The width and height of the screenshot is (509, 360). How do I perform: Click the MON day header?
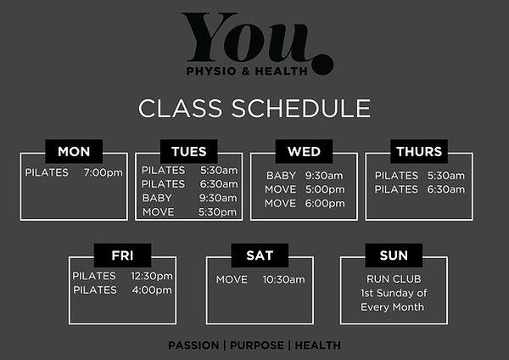[74, 152]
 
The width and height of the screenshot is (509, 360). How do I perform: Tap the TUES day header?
[188, 152]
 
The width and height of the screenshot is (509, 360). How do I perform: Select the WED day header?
[304, 152]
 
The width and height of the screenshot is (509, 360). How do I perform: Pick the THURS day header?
[419, 152]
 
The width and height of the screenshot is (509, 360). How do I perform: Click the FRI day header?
[122, 255]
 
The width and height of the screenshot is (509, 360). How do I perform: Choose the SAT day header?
[259, 255]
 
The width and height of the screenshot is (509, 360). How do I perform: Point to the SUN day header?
[394, 255]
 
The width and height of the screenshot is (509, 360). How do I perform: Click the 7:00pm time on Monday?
[103, 173]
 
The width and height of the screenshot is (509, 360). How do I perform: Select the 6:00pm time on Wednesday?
[322, 203]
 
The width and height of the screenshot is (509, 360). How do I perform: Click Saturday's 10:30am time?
[283, 279]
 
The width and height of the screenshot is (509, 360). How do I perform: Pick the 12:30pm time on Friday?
[151, 276]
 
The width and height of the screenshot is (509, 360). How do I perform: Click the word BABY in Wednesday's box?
[281, 176]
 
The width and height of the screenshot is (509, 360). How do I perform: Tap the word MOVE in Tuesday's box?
[159, 211]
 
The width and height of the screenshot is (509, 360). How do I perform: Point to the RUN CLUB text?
[392, 278]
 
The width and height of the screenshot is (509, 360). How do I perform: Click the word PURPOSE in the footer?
[255, 346]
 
